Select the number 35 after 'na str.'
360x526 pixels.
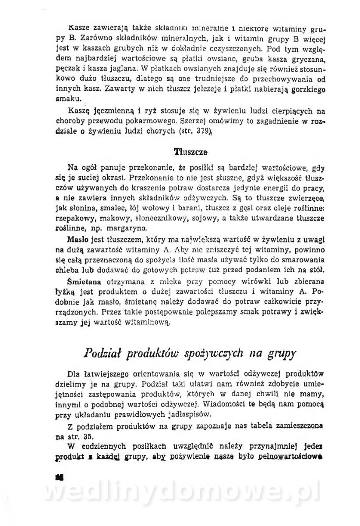point(89,437)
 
